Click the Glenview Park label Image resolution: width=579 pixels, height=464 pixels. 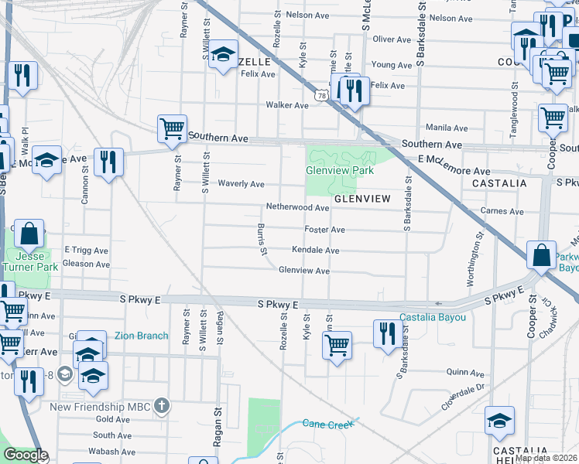pos(340,170)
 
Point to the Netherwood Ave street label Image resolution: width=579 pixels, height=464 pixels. pos(298,208)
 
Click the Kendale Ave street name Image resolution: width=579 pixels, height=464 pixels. pos(315,251)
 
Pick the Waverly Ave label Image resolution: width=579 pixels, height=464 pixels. pos(241,184)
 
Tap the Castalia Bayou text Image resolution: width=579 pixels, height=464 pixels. pos(433,318)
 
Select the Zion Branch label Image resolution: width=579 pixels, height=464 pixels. pos(141,336)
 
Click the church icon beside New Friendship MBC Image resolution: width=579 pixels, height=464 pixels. pos(161,406)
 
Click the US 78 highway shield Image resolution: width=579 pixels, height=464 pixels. pos(320,94)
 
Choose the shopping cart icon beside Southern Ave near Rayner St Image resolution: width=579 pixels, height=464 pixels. pos(172,128)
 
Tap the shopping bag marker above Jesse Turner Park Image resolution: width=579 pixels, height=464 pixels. pos(29,233)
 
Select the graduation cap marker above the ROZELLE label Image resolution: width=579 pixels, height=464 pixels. pos(224,54)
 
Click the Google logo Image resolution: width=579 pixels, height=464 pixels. pos(26,455)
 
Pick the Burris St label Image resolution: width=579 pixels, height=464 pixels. pos(263,240)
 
